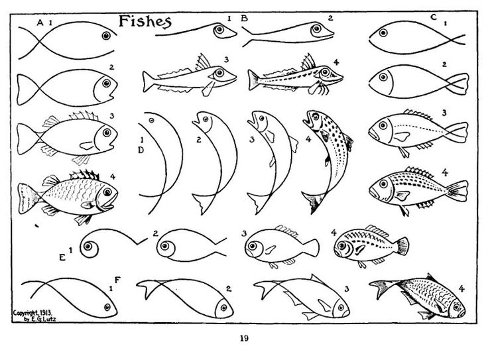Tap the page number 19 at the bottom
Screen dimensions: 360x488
pyautogui.click(x=244, y=339)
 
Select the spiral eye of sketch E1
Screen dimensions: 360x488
pyautogui.click(x=88, y=248)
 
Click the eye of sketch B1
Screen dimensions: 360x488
pyautogui.click(x=217, y=29)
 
